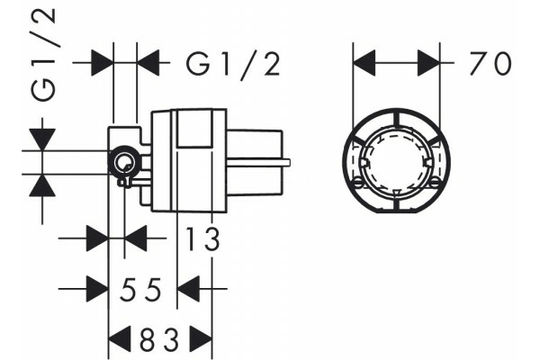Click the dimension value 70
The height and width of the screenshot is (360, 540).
point(490,63)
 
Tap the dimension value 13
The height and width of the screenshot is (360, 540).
point(202,238)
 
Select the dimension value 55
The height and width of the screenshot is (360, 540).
point(140,289)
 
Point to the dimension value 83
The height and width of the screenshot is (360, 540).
point(159,339)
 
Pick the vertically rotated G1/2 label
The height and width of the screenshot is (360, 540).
point(43,54)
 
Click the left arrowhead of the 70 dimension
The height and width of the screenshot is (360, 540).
point(364,63)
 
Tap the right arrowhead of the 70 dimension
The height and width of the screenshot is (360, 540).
point(428,63)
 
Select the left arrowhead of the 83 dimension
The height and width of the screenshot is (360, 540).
point(120,339)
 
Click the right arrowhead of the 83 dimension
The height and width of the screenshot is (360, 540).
point(201,339)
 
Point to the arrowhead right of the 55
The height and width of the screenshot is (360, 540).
point(188,289)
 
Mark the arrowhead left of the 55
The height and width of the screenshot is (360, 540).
point(97,289)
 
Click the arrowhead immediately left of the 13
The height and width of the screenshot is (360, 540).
point(136,238)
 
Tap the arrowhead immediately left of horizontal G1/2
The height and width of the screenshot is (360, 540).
point(148,63)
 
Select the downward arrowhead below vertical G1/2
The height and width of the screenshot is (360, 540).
point(42,139)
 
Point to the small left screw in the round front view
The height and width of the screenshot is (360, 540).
point(358,182)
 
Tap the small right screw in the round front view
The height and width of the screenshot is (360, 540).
point(436,182)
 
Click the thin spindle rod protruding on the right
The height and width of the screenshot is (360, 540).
point(258,162)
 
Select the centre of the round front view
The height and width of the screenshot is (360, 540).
point(396,161)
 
